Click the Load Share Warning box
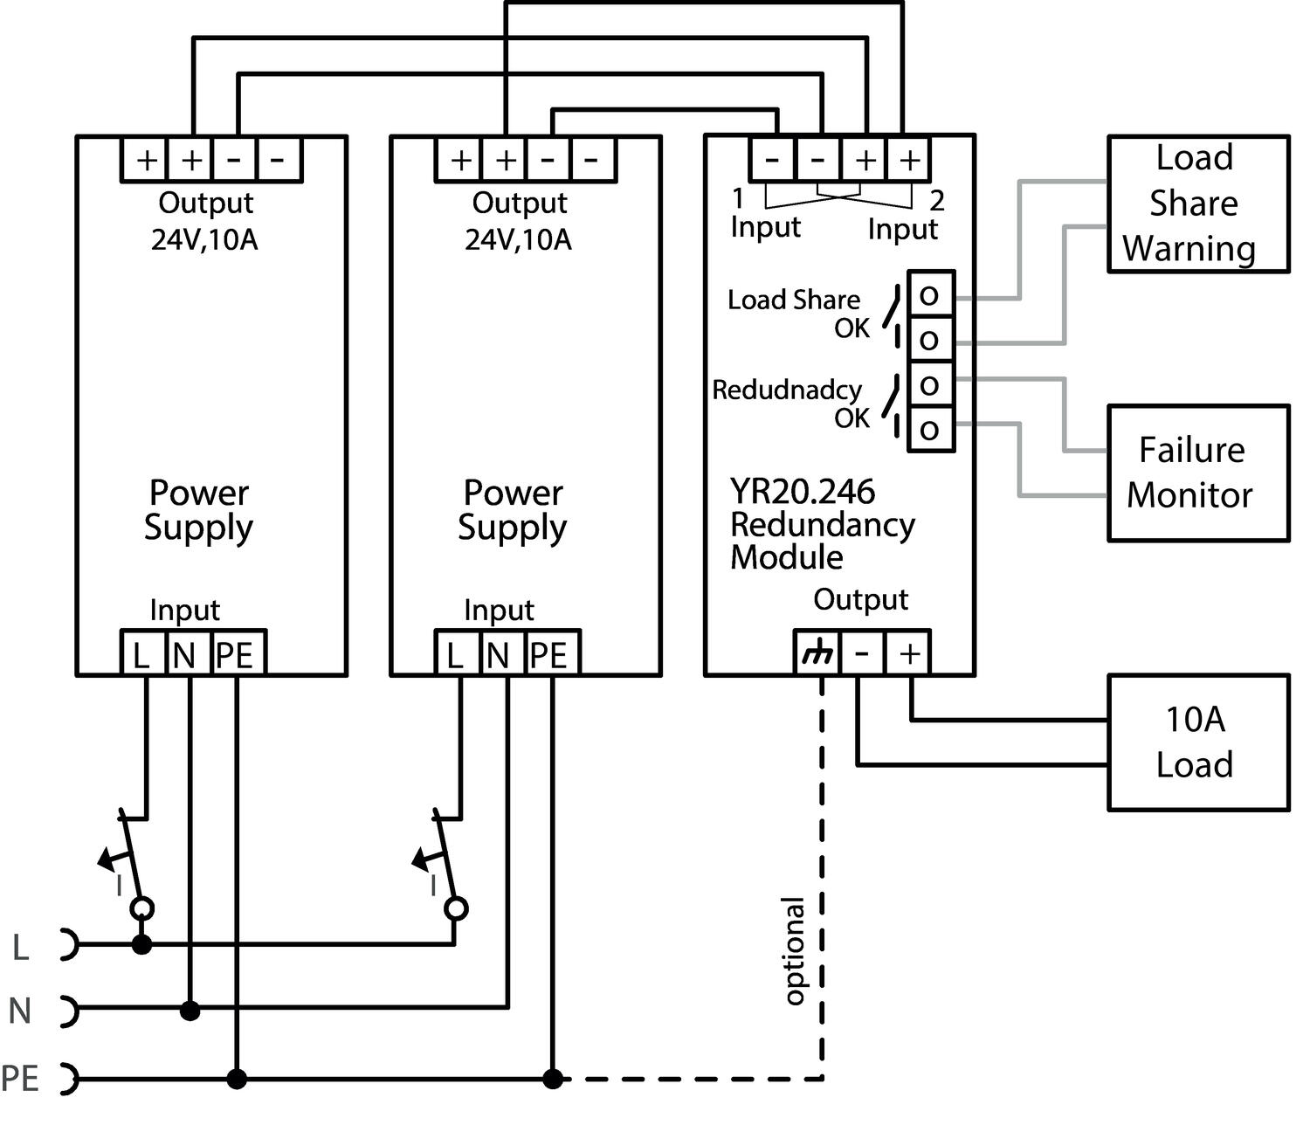tap(1197, 204)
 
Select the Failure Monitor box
tap(1197, 473)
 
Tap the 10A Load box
tap(1197, 742)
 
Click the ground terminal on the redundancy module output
tap(817, 653)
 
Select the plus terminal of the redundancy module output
tap(909, 653)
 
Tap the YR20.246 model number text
tap(802, 492)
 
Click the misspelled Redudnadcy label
tap(786, 390)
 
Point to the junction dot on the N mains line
tap(190, 1011)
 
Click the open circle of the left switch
tap(141, 908)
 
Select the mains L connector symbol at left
tap(68, 944)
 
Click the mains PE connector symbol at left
tap(68, 1079)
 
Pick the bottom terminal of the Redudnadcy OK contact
tap(930, 429)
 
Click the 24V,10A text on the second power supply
tap(518, 239)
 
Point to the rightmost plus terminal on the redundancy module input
tap(909, 160)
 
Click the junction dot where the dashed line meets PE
tap(552, 1079)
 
